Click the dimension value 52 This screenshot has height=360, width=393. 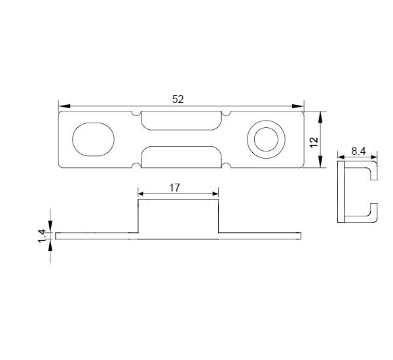[x=178, y=100]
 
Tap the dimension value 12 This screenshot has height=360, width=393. [x=314, y=142]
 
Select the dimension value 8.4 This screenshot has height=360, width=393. [x=358, y=151]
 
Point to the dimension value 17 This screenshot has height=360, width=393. [x=174, y=188]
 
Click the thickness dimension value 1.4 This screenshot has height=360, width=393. [x=42, y=236]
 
